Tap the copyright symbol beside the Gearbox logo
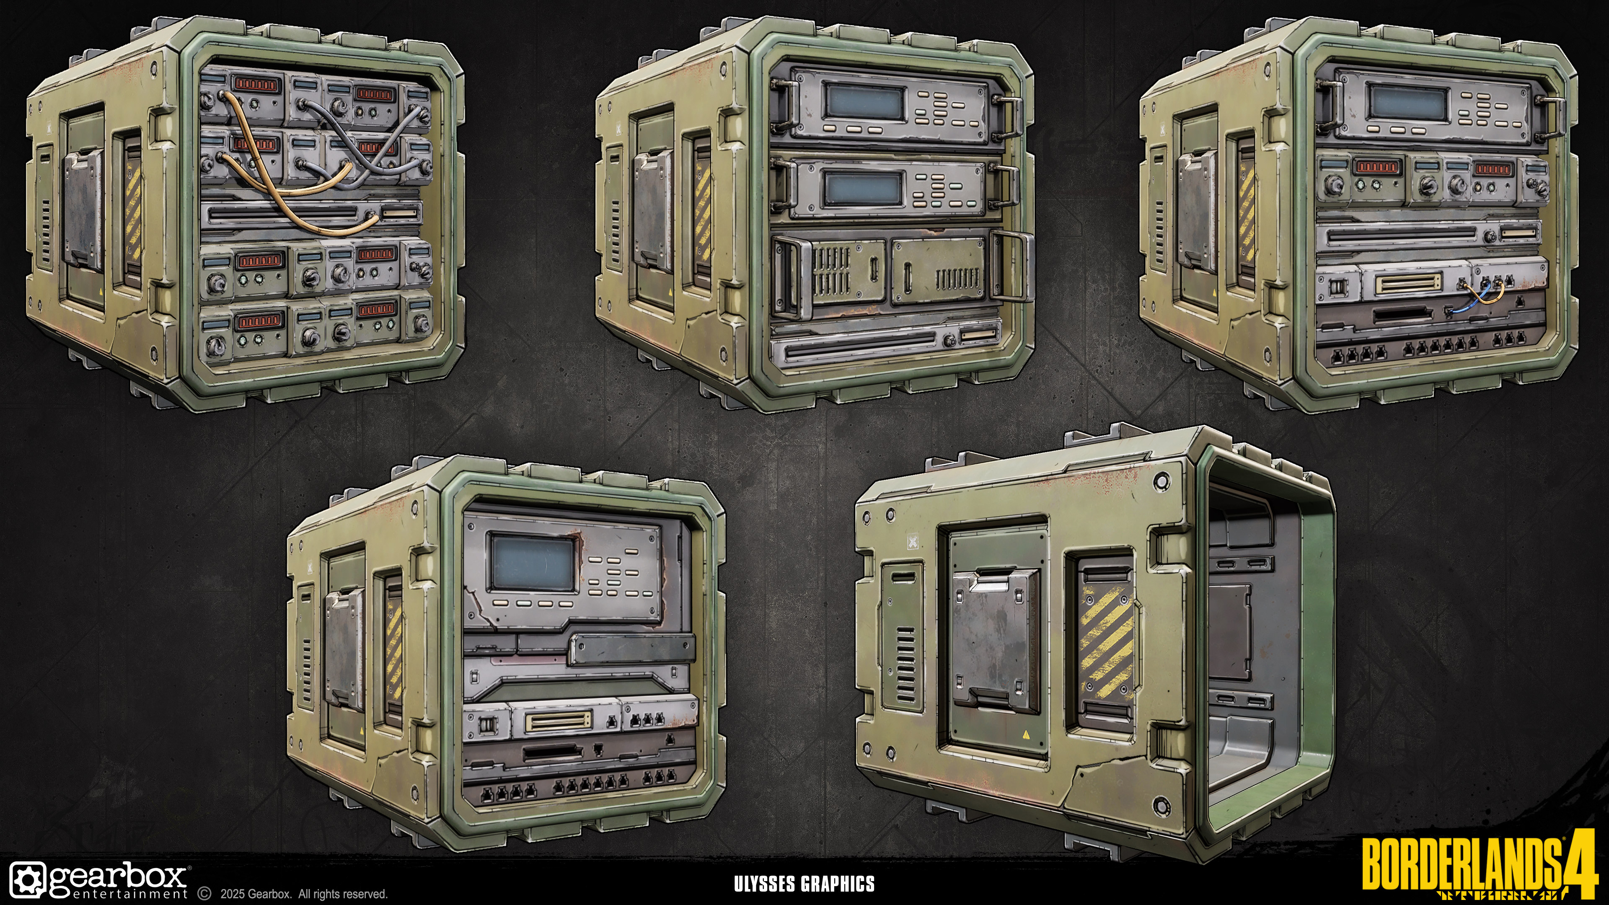(x=204, y=894)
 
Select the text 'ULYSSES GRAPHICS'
(x=804, y=884)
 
